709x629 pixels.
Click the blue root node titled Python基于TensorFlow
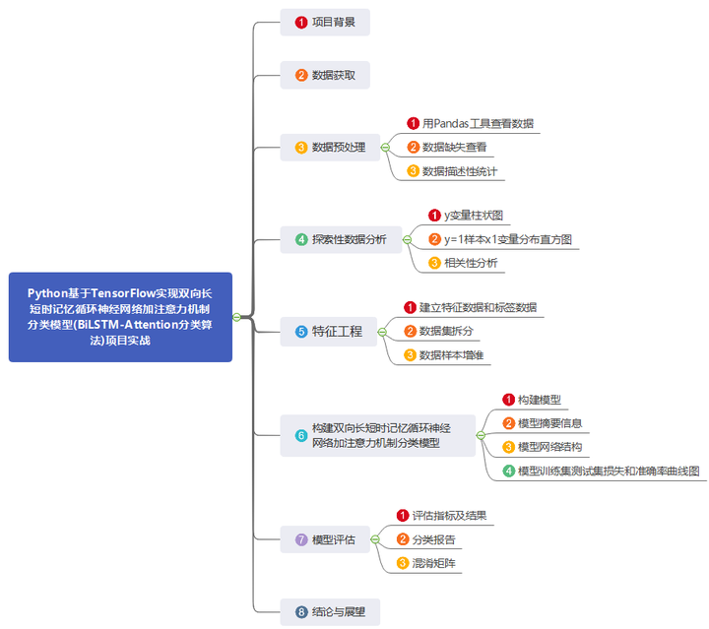(120, 317)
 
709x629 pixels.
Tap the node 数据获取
(325, 75)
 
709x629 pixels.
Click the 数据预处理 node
(329, 148)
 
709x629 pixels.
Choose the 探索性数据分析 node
(340, 239)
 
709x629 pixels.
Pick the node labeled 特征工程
(329, 332)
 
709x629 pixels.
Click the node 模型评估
(325, 539)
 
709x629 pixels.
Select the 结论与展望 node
(329, 611)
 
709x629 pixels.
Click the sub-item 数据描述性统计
(459, 171)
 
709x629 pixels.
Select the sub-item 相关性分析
(471, 263)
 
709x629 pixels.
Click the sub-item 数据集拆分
(445, 331)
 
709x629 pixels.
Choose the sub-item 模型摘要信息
(549, 423)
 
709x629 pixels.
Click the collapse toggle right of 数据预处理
(385, 148)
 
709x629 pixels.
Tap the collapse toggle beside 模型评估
(375, 539)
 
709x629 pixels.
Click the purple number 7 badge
(301, 539)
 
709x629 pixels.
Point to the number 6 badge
(301, 435)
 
